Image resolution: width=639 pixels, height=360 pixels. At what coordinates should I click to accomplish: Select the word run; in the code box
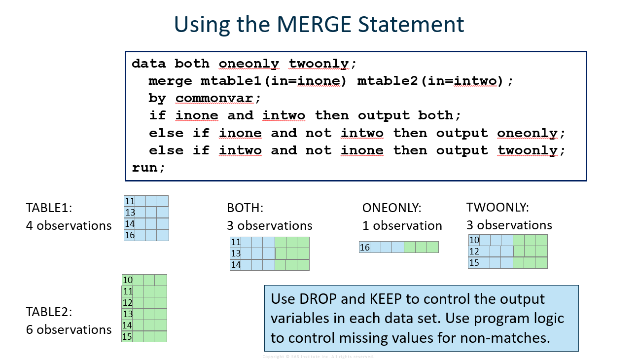point(148,167)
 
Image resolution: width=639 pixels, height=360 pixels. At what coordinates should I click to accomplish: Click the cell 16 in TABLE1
point(130,235)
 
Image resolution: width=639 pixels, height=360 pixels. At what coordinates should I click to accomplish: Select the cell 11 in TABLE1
point(130,201)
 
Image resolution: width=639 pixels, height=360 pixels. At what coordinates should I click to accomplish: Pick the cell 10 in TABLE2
point(128,280)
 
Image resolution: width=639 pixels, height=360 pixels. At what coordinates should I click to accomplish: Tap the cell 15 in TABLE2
point(128,336)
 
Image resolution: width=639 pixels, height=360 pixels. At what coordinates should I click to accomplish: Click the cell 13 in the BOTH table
point(236,253)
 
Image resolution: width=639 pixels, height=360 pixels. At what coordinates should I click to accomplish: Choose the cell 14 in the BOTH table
point(236,265)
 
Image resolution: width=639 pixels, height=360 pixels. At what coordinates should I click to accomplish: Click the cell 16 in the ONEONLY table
point(365,248)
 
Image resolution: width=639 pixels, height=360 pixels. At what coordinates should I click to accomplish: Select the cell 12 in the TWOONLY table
point(474,252)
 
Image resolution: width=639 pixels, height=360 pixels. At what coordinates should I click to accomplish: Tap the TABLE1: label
point(49,208)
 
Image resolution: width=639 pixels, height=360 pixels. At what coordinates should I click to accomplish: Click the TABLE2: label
point(49,312)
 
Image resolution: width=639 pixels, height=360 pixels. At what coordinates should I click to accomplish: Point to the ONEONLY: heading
point(391,208)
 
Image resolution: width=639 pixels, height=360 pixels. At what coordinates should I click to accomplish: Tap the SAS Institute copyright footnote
point(318,357)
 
